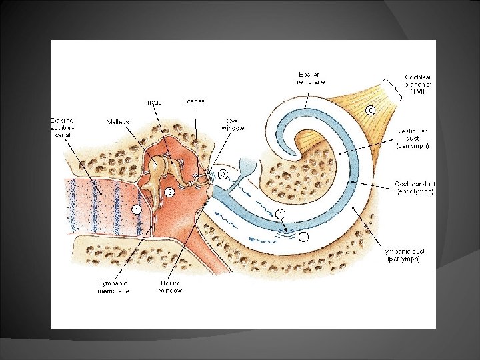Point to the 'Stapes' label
pos(195,101)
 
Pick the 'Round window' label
pos(171,286)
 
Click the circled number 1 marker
pos(136,209)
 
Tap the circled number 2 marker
pos(169,192)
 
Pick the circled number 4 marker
pos(280,214)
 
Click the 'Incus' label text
pos(154,103)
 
